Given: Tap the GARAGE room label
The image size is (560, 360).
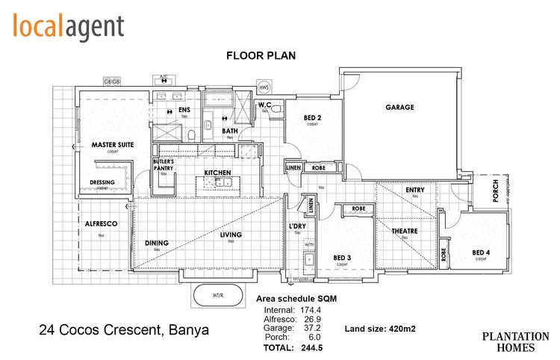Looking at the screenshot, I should point(399,107).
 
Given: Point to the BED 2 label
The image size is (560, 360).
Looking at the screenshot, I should point(312,118).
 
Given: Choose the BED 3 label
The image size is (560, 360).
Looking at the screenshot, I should point(342,258).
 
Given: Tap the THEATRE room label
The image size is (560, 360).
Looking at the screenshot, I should point(405,232).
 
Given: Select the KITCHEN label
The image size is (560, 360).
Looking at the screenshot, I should point(217,173).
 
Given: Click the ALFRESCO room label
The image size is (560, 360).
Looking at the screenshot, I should point(99,223).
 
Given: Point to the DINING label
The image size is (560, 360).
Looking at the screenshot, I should point(157,243).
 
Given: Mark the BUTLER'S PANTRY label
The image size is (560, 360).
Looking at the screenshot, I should point(164,164).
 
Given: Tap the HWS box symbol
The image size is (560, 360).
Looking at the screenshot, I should point(264,88).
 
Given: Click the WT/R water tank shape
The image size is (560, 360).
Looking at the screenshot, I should point(218,295).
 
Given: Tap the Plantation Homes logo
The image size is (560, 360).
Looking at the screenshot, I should point(514,342).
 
